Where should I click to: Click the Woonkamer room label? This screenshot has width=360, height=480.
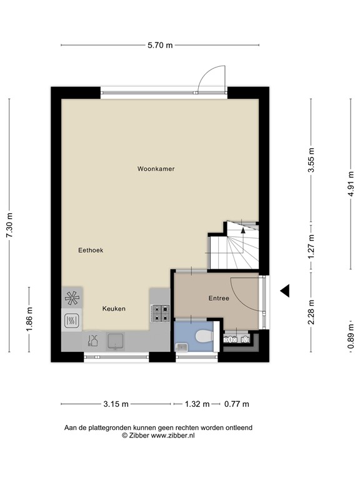point(156,169)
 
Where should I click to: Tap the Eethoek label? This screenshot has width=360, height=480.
point(91,250)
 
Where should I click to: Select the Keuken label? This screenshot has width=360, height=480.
point(114,309)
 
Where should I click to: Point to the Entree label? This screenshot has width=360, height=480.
point(219,299)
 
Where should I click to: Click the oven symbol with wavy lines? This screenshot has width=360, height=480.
point(71,321)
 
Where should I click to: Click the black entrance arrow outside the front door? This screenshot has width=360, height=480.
point(285,290)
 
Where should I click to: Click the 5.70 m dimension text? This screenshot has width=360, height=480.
point(160,45)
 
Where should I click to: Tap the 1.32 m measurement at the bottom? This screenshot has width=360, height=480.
point(197,404)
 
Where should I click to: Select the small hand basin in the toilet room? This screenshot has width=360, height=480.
point(182,346)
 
